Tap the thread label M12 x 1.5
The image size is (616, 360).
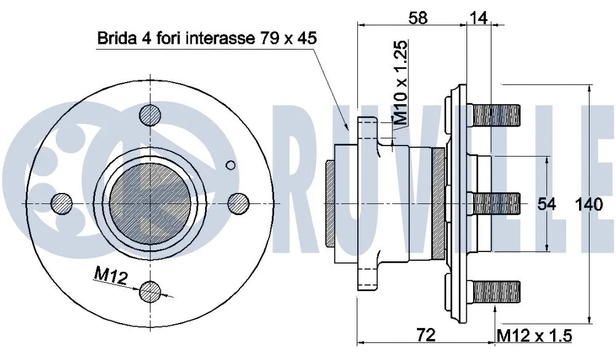click(x=534, y=335)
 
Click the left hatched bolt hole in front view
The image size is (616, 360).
click(x=62, y=203)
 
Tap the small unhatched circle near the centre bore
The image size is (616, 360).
click(x=231, y=165)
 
